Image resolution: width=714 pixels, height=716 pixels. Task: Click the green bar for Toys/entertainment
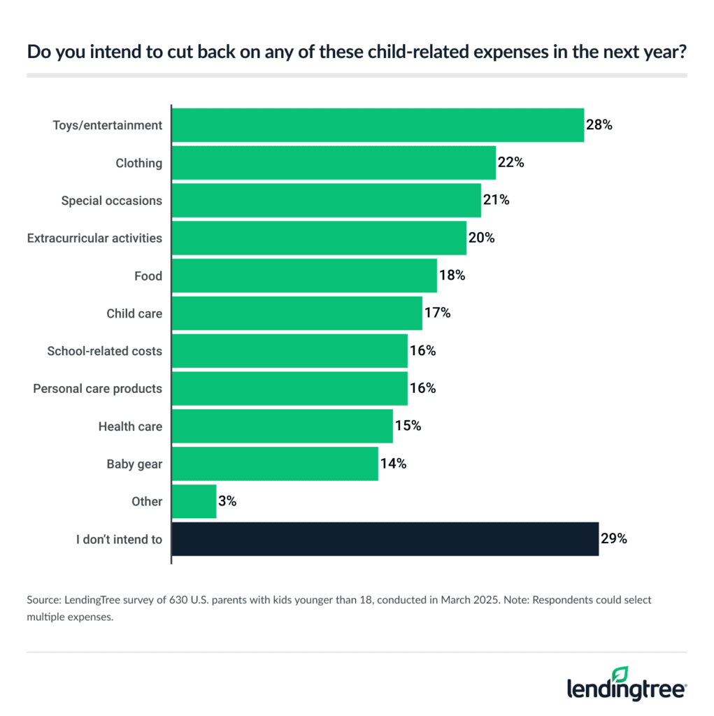[378, 126]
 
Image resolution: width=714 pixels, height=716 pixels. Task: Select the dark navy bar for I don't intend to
[385, 539]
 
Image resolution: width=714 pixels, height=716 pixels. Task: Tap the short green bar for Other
[194, 501]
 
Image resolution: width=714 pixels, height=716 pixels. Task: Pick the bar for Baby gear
[275, 464]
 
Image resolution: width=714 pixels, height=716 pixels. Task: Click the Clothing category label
[138, 164]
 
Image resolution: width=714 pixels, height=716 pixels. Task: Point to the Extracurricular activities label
[94, 238]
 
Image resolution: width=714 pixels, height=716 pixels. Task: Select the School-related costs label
[104, 351]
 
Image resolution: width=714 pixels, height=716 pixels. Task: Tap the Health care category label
[130, 427]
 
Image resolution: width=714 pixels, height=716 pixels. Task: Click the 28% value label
[599, 126]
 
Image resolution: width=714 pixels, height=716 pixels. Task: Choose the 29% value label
[613, 539]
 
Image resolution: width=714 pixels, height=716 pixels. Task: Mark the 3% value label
[227, 501]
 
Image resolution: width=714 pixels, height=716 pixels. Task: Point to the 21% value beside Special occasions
[496, 201]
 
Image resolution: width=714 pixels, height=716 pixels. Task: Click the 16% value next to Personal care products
[422, 389]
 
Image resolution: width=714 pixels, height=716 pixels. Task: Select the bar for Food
[304, 276]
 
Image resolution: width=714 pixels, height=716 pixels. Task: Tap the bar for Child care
[297, 314]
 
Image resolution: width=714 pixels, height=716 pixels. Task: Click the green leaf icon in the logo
[620, 673]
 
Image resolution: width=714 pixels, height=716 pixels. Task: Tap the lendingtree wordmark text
[626, 689]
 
